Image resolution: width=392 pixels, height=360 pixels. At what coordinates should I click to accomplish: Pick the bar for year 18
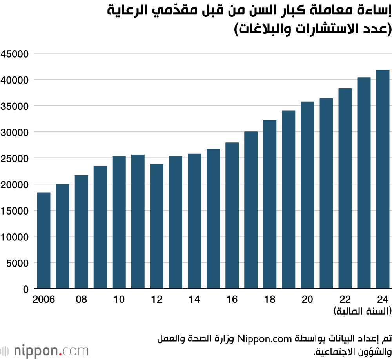point(270,204)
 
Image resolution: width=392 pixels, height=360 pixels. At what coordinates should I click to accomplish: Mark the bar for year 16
point(232,215)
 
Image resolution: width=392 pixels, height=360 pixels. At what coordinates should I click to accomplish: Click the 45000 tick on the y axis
point(15,54)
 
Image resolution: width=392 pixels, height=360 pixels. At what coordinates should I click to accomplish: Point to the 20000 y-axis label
point(15,184)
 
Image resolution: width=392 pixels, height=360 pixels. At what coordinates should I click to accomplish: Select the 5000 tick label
point(18,263)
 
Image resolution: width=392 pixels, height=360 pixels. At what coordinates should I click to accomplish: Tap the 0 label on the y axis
point(25,289)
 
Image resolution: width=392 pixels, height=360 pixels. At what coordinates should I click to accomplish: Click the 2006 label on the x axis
point(44,300)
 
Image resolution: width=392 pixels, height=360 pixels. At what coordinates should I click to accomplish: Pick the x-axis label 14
point(194,300)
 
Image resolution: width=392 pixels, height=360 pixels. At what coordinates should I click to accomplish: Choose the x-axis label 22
point(345,300)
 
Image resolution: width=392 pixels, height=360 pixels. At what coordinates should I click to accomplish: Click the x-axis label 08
point(81,300)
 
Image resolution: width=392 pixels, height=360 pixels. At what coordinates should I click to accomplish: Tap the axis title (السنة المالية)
point(363,312)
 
